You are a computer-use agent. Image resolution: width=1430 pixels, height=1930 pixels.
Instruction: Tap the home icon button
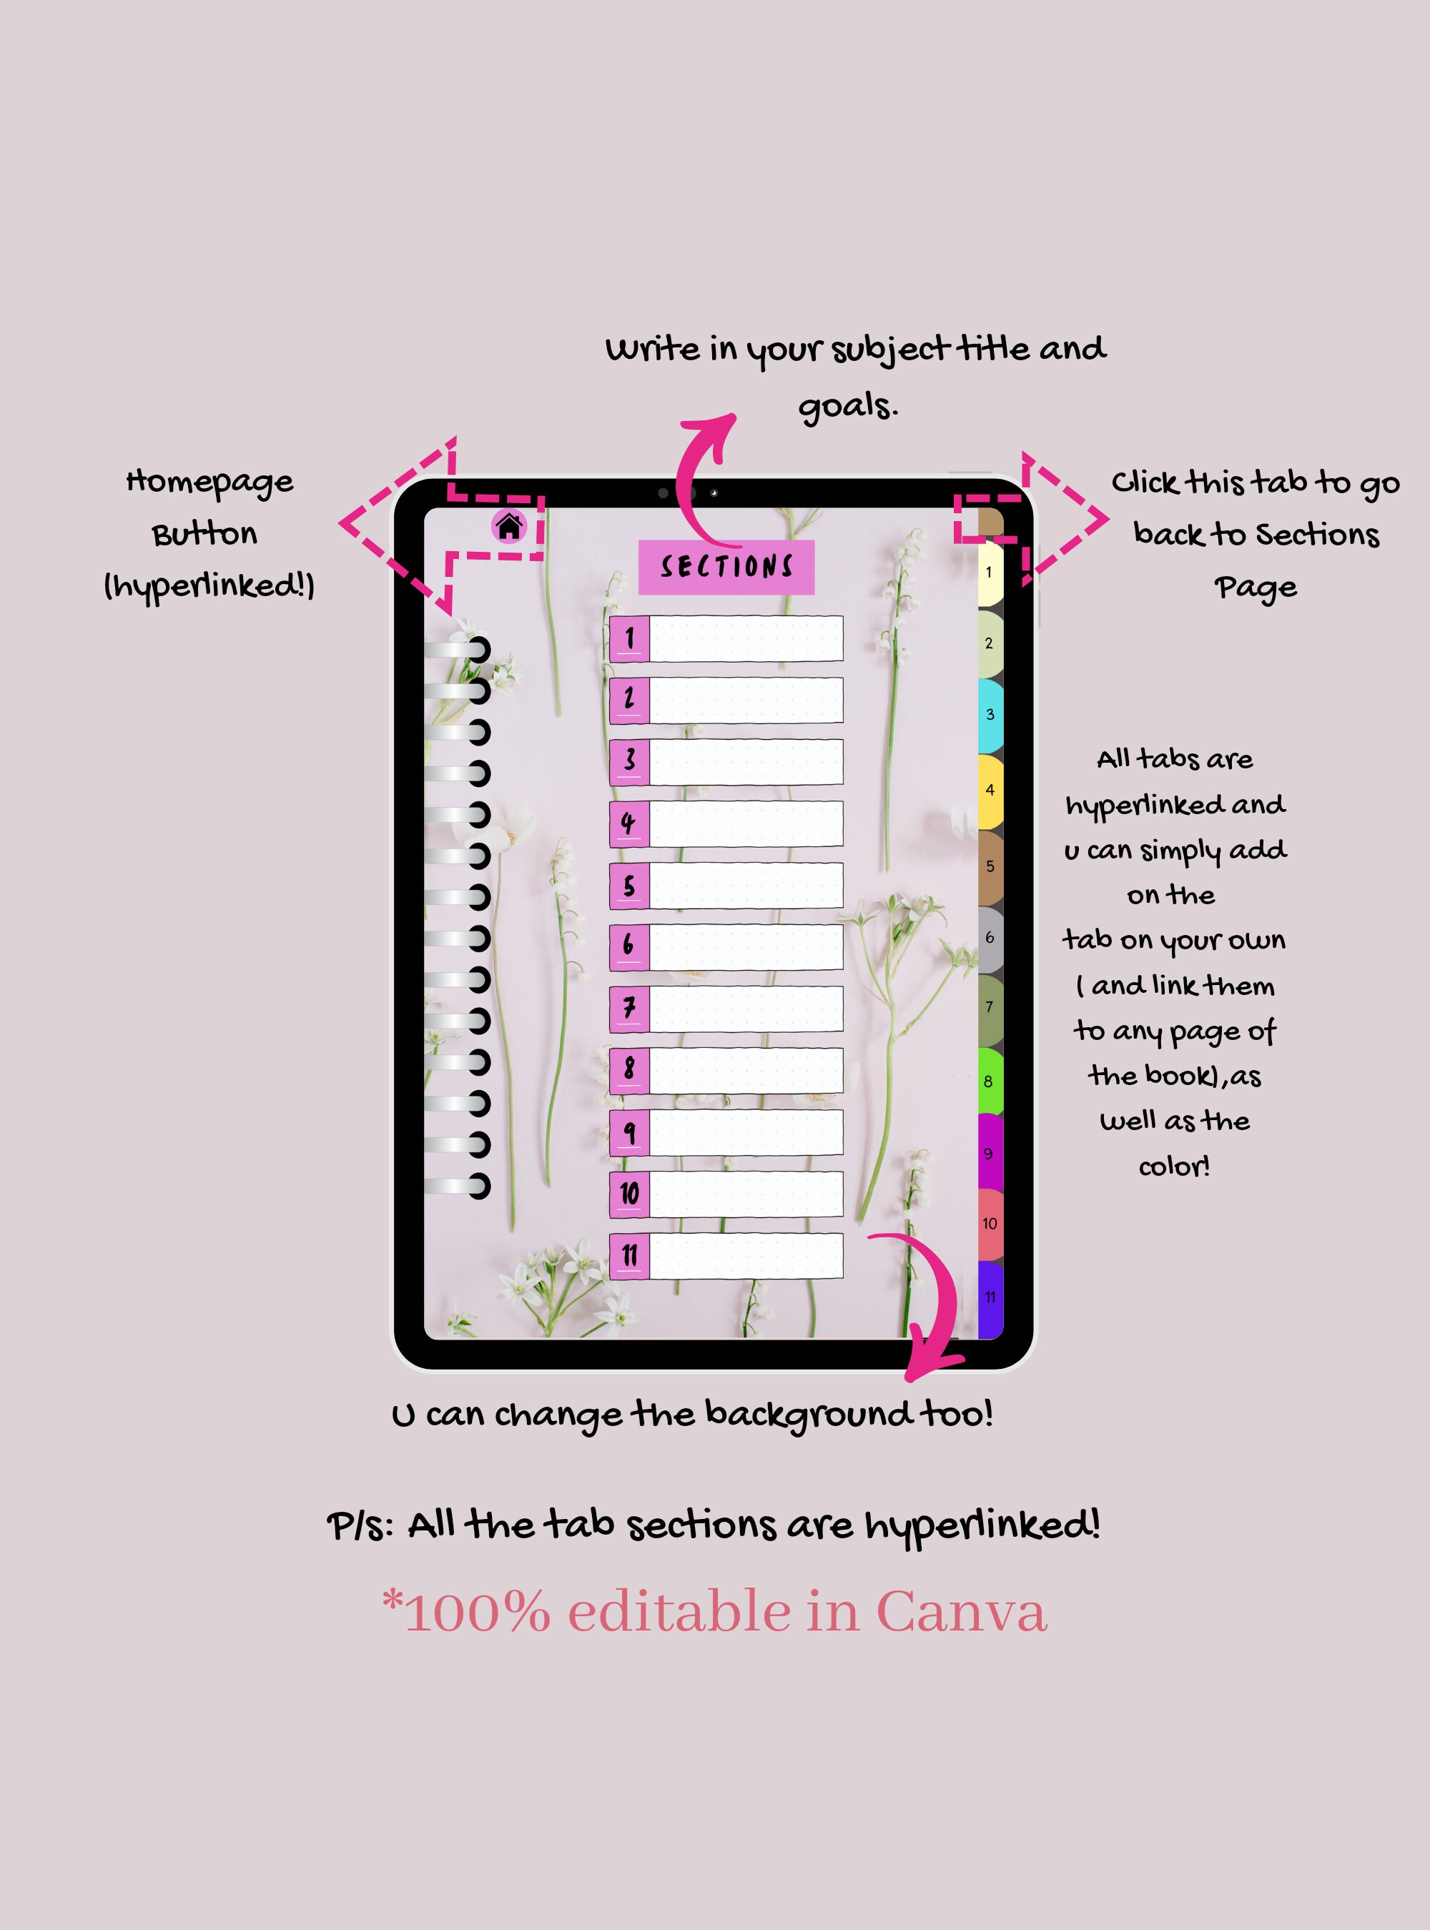[x=509, y=525]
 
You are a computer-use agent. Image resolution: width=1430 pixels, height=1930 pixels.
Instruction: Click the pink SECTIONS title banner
[x=726, y=567]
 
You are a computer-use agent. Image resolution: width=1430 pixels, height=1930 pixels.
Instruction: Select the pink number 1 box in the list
[x=629, y=639]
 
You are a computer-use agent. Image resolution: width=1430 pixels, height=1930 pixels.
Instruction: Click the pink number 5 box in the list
[x=629, y=886]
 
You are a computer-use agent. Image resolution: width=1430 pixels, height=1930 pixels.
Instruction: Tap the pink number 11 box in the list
[x=629, y=1255]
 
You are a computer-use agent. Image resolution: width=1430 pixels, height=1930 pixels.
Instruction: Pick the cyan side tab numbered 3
[x=990, y=715]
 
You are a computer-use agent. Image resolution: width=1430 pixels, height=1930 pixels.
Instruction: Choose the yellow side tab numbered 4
[x=990, y=790]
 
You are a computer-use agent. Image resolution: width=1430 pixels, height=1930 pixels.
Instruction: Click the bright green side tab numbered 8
[x=990, y=1081]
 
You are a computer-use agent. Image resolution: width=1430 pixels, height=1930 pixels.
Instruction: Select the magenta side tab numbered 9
[x=990, y=1153]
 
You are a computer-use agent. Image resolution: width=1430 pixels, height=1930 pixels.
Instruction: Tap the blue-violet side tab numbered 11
[x=990, y=1297]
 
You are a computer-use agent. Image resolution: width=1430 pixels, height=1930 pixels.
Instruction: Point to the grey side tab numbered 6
[x=990, y=938]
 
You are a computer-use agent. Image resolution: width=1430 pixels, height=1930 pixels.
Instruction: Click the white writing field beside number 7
[x=746, y=1009]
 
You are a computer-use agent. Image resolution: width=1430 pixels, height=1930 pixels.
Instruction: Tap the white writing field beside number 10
[x=746, y=1194]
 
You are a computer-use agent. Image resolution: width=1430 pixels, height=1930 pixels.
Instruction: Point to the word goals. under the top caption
[x=847, y=406]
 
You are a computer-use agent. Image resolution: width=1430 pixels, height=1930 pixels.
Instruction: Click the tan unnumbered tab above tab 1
[x=990, y=523]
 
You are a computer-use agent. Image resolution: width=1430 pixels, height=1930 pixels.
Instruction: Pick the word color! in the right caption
[x=1174, y=1167]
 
